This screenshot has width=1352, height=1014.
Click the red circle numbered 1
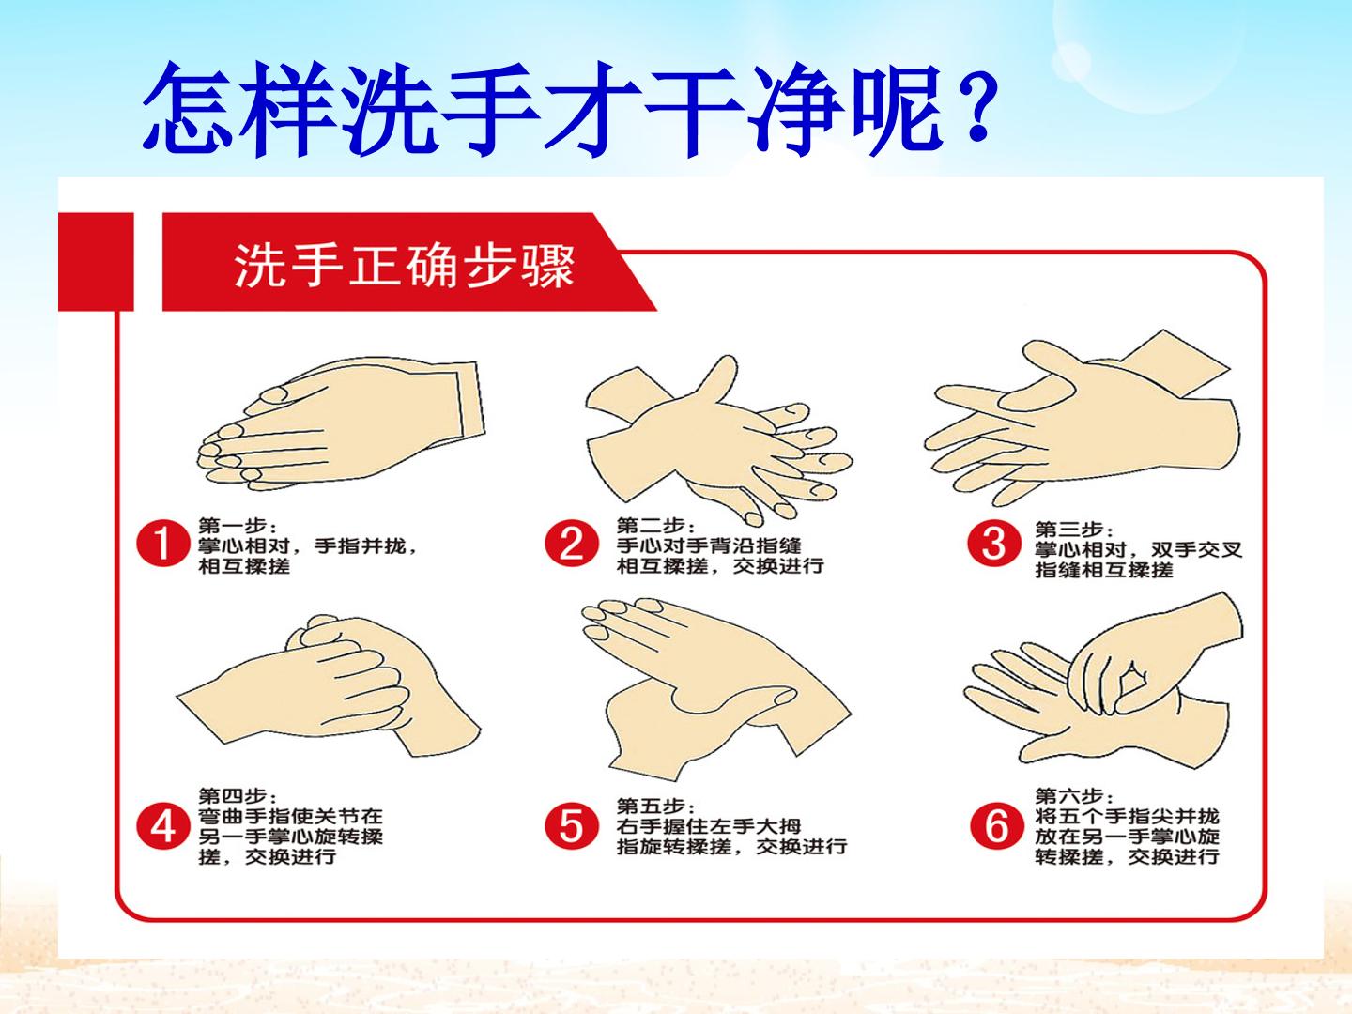163,544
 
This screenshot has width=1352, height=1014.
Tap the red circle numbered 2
572,544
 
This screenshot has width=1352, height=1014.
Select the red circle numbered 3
993,544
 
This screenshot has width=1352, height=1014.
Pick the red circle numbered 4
163,826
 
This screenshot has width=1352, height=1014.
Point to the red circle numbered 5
572,826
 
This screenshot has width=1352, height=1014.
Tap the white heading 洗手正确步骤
405,266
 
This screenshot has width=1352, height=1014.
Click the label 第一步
238,526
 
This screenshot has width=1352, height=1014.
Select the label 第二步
655,526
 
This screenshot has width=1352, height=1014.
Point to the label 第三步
1074,529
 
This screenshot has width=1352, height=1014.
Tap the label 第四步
238,796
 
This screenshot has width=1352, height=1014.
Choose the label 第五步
655,806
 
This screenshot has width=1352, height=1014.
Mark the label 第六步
1074,796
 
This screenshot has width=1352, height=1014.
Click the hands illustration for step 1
342,423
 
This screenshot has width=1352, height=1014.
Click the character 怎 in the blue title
188,110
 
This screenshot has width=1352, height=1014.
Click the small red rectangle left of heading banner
96,262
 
